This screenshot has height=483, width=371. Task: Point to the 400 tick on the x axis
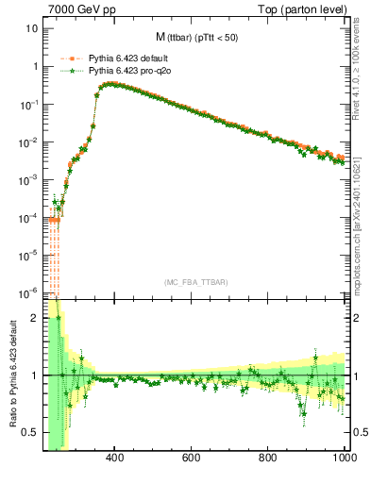(115, 458)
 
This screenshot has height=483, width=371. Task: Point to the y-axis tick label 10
(32, 28)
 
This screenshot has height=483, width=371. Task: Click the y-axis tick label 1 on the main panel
(35, 66)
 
